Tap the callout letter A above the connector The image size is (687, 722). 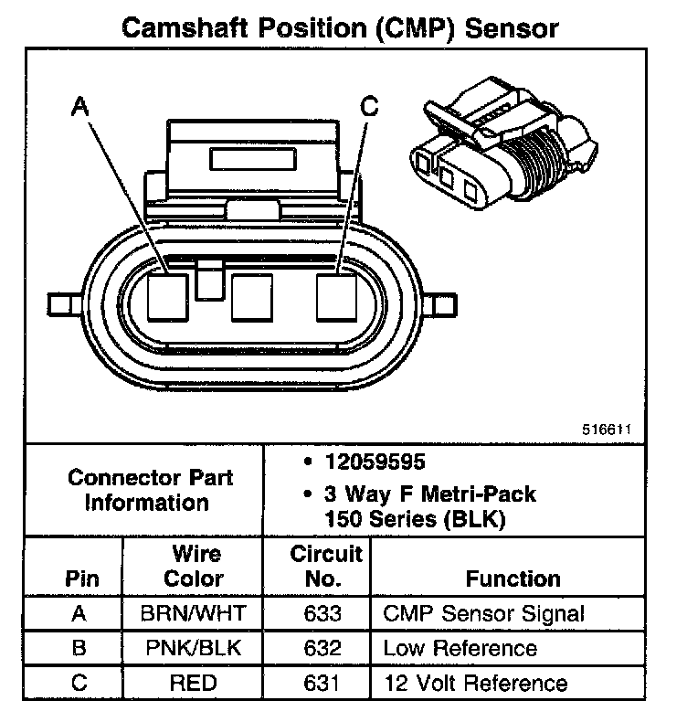point(80,107)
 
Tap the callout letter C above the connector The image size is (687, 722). point(369,107)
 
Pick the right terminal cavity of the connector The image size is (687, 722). point(336,297)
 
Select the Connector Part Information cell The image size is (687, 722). point(151,490)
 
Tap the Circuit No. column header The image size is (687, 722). point(326,567)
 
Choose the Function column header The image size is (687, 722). point(513,579)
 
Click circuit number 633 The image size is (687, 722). point(325,614)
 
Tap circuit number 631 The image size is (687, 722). point(325,683)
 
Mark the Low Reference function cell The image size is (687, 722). point(460,649)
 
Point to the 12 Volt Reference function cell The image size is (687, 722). point(475,683)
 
